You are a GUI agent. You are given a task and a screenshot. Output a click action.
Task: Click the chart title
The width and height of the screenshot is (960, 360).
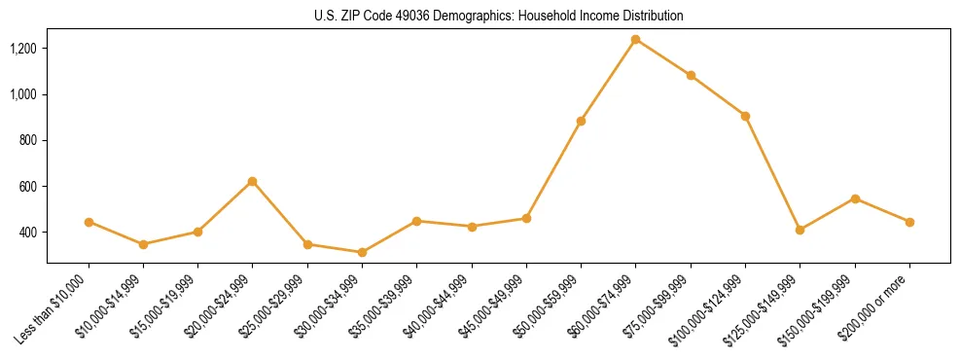click(499, 17)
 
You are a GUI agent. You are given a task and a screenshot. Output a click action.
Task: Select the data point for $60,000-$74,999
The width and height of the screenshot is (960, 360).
click(636, 40)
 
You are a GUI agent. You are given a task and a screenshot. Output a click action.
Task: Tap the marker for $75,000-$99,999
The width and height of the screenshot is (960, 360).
click(691, 75)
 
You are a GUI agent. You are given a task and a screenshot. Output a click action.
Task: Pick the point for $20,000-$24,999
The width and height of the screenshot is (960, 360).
click(253, 181)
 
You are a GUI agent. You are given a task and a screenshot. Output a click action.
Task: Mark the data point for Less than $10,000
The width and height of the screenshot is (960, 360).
click(89, 222)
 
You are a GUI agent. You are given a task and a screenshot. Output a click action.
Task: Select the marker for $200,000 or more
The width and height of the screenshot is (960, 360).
click(909, 222)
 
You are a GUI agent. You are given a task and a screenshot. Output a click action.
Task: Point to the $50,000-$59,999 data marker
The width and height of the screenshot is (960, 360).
click(581, 121)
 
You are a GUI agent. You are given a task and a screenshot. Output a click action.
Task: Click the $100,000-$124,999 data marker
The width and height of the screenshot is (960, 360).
click(745, 116)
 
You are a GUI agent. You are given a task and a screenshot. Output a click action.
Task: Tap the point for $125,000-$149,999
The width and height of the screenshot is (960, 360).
click(800, 230)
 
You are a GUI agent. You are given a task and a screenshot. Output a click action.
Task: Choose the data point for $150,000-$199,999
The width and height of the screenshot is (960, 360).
click(855, 198)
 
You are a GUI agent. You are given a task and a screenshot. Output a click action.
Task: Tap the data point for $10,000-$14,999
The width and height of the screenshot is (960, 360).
click(143, 244)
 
